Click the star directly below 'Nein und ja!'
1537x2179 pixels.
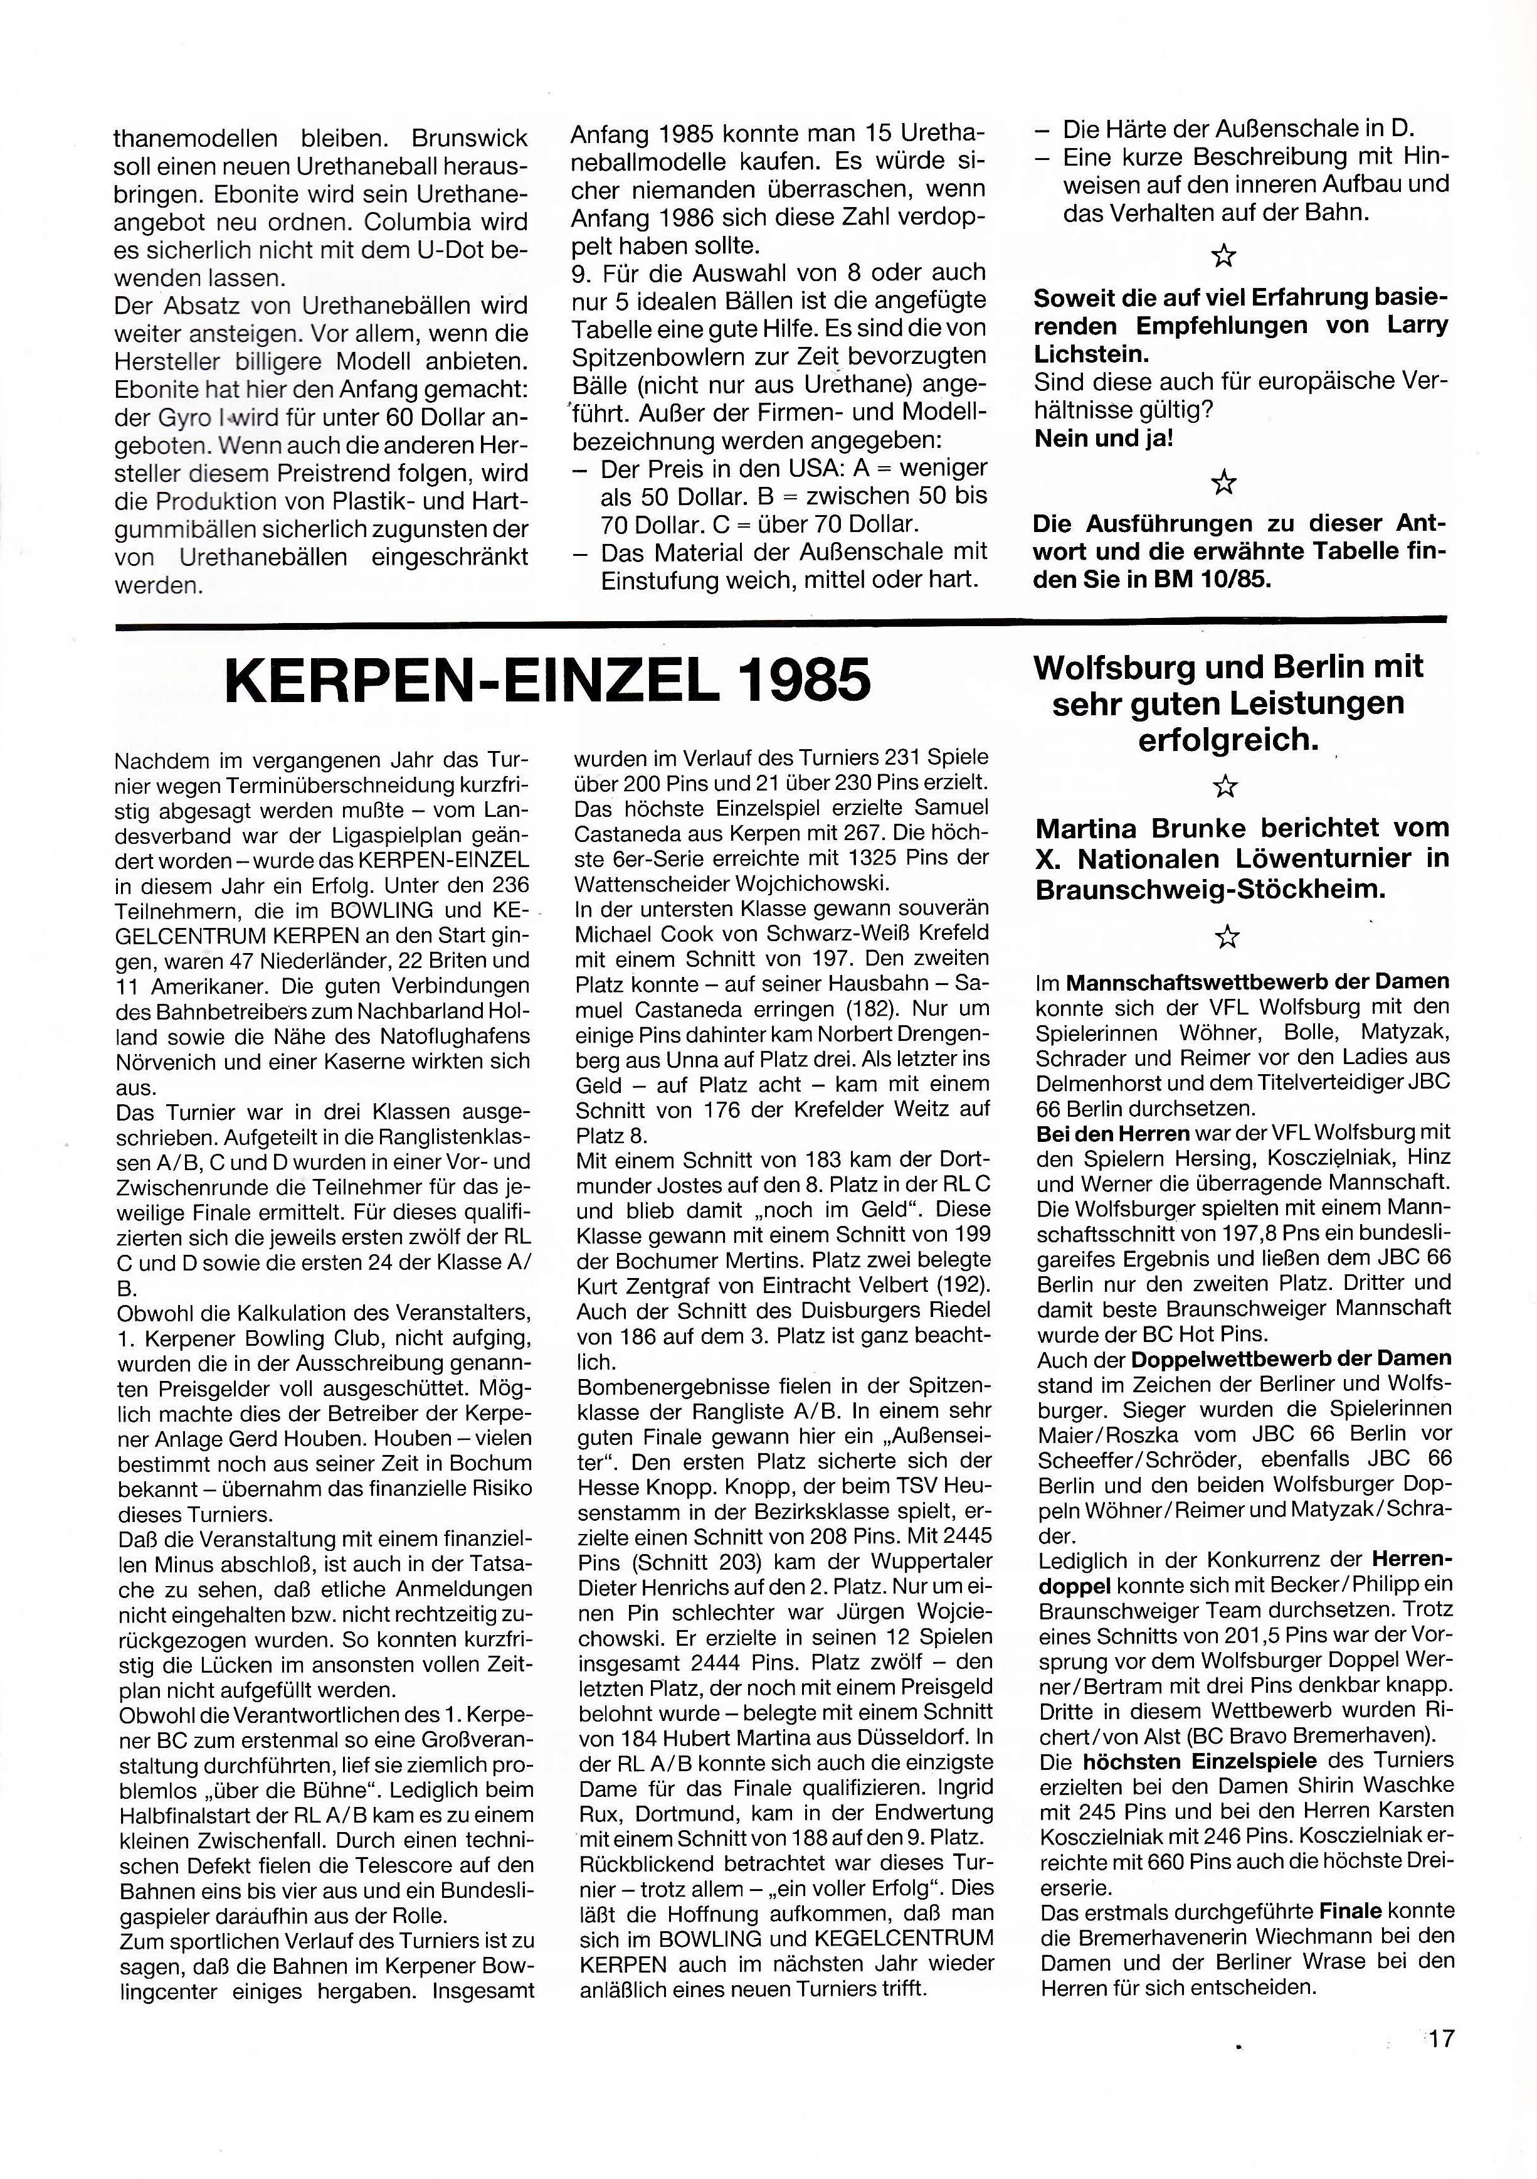(x=1224, y=483)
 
